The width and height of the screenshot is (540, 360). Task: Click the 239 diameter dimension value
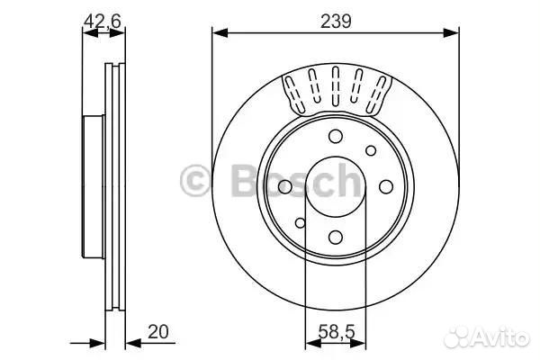[336, 22]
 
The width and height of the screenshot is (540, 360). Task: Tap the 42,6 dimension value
[103, 22]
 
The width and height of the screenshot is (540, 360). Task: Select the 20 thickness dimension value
[158, 331]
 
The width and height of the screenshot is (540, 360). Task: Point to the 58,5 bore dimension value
[336, 332]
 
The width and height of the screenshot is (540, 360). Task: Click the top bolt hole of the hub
[336, 136]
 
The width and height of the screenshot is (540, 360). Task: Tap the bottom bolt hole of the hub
[336, 237]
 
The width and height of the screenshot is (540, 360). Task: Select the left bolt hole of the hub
[284, 186]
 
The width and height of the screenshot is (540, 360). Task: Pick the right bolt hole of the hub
[386, 186]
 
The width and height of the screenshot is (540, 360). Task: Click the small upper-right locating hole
[371, 150]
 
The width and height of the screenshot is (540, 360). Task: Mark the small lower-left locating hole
[300, 223]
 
